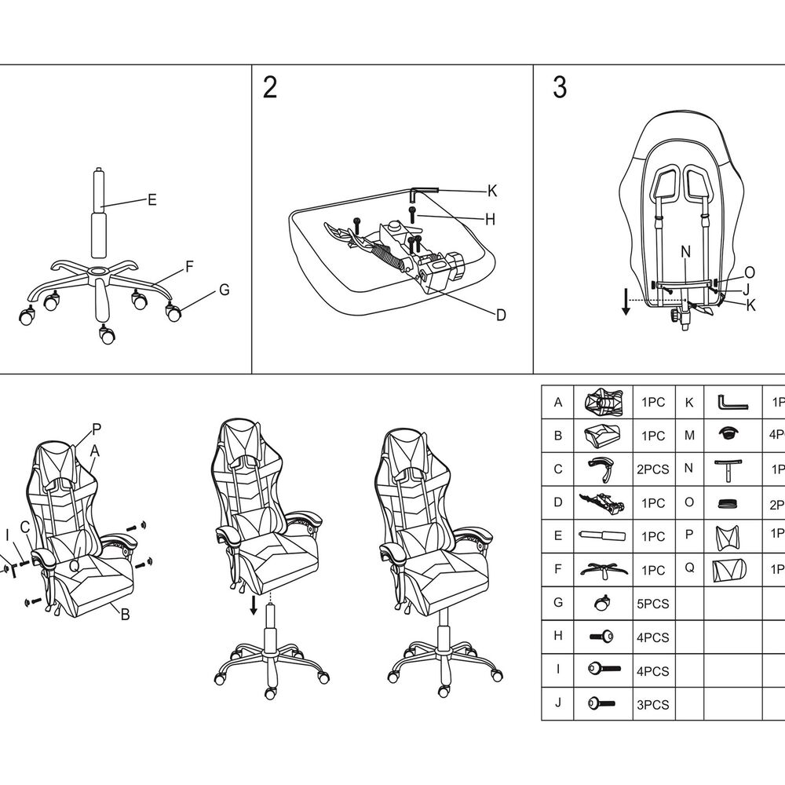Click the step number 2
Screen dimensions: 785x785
tap(269, 88)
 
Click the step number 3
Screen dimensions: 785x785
tap(560, 88)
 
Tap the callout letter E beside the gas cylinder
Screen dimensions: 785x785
tap(152, 200)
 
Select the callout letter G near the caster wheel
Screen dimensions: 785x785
tap(224, 290)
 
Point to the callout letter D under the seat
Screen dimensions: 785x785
tap(500, 315)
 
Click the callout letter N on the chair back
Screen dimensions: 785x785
tap(685, 252)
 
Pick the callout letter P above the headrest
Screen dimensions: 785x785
tap(97, 429)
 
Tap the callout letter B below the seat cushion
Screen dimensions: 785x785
tap(124, 615)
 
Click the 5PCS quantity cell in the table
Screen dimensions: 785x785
tap(652, 604)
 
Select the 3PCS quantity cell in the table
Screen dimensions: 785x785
tap(652, 705)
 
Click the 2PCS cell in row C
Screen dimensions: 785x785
tap(652, 469)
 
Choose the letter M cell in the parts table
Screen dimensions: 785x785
tap(688, 435)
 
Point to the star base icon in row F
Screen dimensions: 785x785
tap(603, 571)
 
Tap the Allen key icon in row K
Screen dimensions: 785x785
tap(732, 402)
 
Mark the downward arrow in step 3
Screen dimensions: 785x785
tap(626, 301)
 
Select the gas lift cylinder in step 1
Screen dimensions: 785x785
tap(99, 214)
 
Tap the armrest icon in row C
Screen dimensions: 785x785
tap(602, 469)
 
